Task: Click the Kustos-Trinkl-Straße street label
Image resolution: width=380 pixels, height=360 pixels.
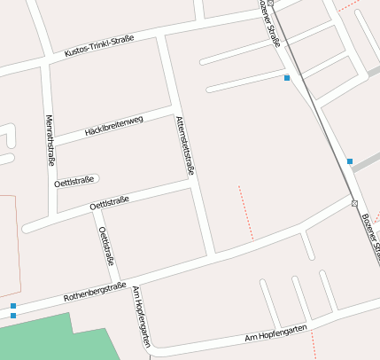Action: tap(99, 46)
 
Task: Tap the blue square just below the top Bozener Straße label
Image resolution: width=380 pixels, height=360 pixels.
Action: tap(286, 79)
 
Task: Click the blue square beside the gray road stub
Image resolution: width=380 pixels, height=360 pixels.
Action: tap(350, 161)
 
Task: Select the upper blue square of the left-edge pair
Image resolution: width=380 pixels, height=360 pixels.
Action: tap(12, 306)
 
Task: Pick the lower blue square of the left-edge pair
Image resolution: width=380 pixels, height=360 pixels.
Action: tap(12, 316)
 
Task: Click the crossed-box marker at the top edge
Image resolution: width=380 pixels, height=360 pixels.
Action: tap(272, 4)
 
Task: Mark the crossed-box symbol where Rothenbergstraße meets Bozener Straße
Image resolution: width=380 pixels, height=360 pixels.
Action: tap(354, 203)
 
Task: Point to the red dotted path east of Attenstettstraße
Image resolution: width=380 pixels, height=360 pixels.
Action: tap(245, 213)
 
